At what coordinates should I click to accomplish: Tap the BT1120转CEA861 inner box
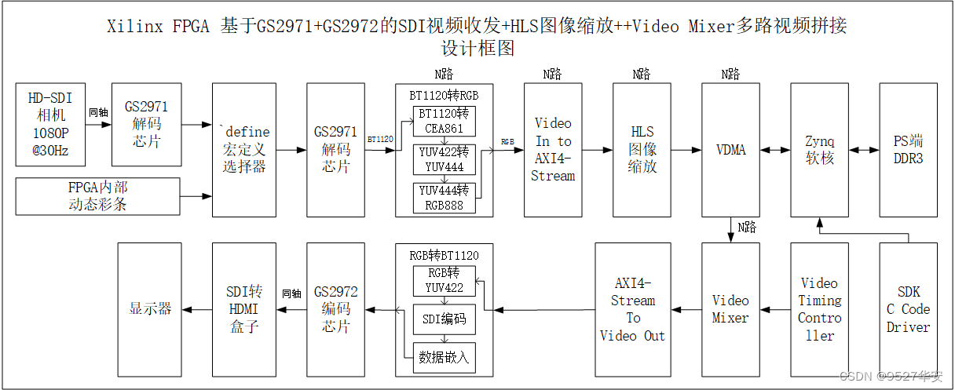click(x=445, y=121)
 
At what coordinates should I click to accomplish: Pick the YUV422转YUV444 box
click(x=445, y=159)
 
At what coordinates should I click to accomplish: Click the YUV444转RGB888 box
click(x=445, y=198)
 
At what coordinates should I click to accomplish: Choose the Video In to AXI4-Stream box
click(x=553, y=149)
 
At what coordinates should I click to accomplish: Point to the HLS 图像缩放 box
click(x=643, y=149)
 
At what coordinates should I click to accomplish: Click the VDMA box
click(x=731, y=149)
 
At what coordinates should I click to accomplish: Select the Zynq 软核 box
click(x=819, y=149)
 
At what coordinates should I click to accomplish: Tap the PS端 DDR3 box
click(x=908, y=149)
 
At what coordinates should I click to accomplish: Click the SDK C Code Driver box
click(x=908, y=309)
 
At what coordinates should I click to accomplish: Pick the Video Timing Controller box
click(x=819, y=309)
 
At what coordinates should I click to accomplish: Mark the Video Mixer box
click(x=730, y=309)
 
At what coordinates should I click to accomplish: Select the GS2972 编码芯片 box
click(x=335, y=309)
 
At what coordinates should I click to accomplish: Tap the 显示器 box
click(x=150, y=309)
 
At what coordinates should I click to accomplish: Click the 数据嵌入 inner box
click(x=445, y=357)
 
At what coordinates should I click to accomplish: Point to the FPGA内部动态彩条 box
click(x=97, y=196)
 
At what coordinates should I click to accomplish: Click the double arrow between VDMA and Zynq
click(x=774, y=149)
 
